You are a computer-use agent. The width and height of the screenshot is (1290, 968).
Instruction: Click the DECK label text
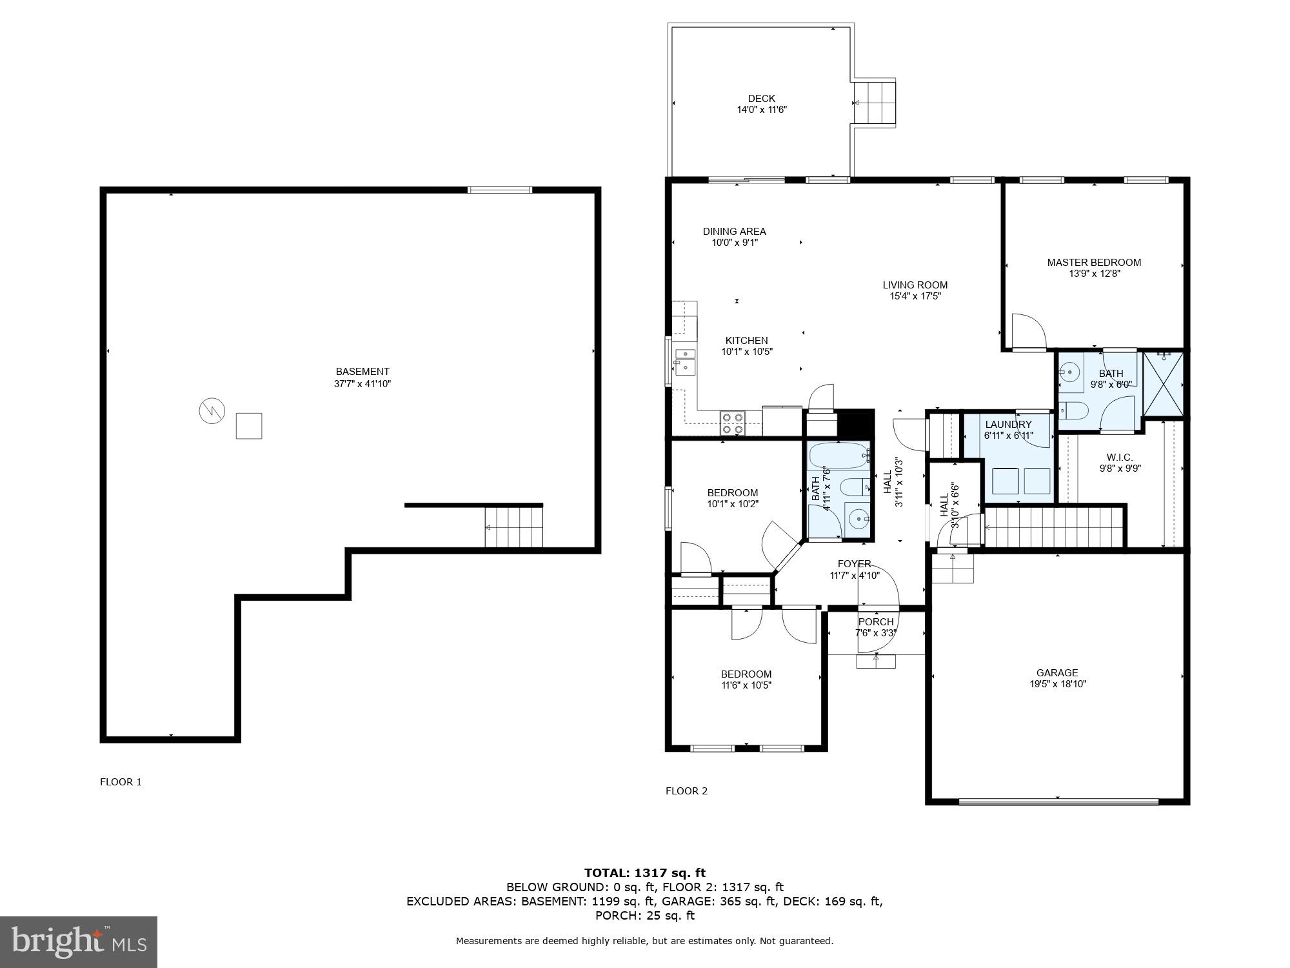coord(761,99)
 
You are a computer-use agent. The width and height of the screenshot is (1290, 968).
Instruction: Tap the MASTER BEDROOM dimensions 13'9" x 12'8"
coord(1094,274)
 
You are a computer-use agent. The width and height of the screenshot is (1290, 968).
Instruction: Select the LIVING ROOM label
coord(915,285)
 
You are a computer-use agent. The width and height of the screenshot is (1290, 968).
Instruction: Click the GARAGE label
coord(1057,672)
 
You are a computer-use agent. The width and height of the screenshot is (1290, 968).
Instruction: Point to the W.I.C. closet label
coord(1120,458)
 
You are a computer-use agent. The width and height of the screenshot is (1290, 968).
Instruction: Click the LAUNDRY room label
coord(1008,424)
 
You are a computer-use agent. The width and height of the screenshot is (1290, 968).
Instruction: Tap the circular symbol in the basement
coord(212,411)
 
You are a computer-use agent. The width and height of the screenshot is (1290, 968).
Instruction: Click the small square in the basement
coord(248,426)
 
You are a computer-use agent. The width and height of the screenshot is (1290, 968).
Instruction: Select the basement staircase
coord(513,527)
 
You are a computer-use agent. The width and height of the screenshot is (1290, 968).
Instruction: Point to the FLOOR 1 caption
coord(121,782)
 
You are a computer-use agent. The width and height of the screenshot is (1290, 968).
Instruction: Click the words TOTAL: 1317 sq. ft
coord(644,873)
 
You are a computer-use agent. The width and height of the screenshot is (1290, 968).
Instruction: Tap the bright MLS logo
coord(79,942)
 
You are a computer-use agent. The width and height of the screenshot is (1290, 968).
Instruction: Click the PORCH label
coord(876,622)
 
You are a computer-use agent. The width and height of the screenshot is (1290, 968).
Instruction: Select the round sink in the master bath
coord(1070,372)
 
